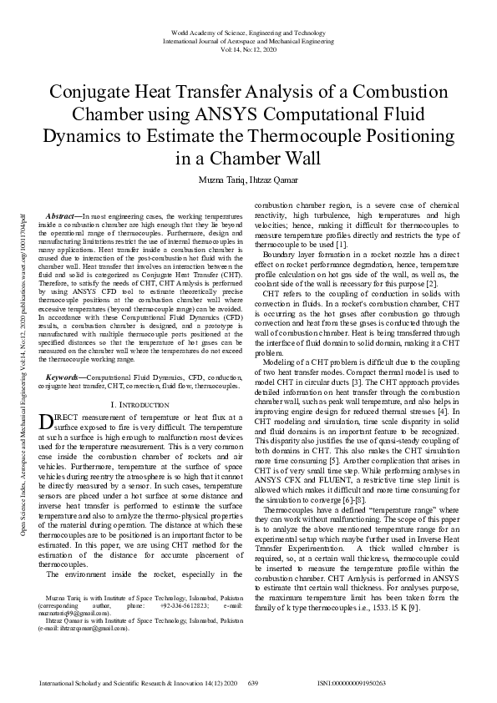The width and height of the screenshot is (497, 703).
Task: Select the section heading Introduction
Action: point(145,404)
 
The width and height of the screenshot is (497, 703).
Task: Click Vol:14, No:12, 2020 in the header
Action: point(248,49)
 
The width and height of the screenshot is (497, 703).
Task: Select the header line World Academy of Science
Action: point(248,33)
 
